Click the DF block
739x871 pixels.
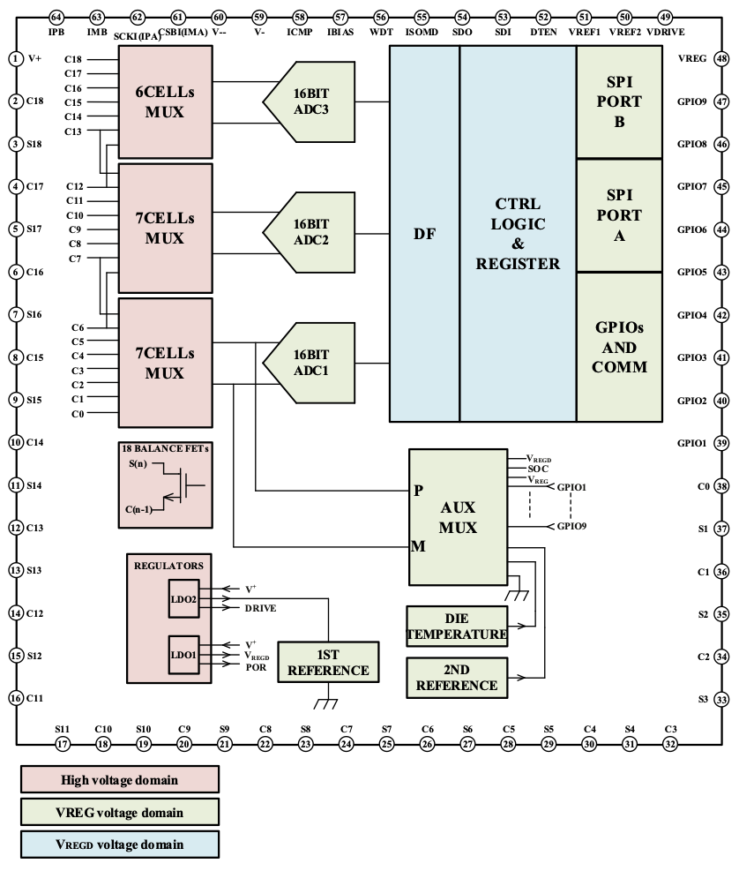point(424,234)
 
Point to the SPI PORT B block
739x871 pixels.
point(619,102)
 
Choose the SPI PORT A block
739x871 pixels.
point(619,215)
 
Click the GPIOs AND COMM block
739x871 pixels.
point(619,347)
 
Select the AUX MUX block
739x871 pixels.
point(459,517)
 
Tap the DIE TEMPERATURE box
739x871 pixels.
point(457,625)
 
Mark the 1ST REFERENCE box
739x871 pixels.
point(329,661)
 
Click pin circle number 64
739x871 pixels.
point(56,17)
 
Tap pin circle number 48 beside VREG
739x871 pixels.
point(721,58)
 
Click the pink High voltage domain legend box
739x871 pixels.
point(119,779)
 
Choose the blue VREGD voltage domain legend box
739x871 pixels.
point(119,845)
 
